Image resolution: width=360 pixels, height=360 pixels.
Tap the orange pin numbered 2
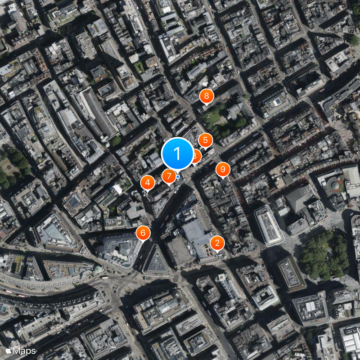[x=217, y=243]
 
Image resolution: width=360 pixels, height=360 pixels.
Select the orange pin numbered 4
[x=148, y=182]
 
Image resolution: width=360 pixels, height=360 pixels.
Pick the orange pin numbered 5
[x=206, y=140]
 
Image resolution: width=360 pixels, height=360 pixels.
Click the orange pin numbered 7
[x=169, y=176]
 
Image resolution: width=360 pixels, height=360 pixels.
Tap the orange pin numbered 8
[x=207, y=95]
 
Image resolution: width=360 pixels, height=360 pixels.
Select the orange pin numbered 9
[x=223, y=170]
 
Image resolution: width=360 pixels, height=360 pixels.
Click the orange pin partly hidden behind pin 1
[x=196, y=156]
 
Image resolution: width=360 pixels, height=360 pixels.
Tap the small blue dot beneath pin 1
[x=178, y=177]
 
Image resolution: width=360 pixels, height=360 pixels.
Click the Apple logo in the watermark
[x=9, y=350]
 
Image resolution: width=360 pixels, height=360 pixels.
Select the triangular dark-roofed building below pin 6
[x=156, y=261]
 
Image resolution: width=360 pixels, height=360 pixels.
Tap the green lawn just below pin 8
[x=211, y=118]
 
